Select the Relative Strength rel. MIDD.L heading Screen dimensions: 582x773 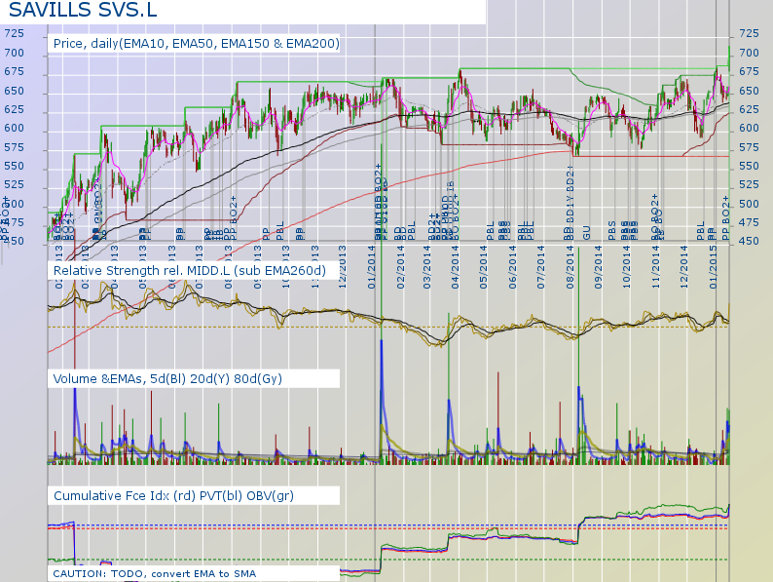click(190, 270)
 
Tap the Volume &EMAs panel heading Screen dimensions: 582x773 click(168, 378)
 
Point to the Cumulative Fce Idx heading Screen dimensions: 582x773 click(174, 496)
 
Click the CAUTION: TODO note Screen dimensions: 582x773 click(153, 573)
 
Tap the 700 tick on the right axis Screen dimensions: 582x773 click(750, 53)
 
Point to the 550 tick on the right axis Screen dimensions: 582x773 click(750, 166)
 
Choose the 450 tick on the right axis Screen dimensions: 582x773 click(750, 241)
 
